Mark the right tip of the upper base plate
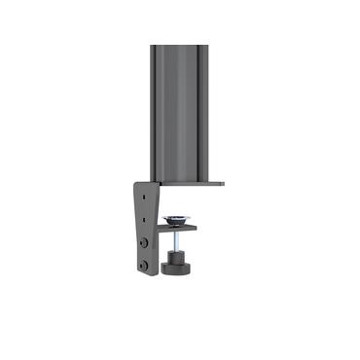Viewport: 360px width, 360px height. tap(222, 182)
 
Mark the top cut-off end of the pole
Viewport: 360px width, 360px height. tap(179, 43)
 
